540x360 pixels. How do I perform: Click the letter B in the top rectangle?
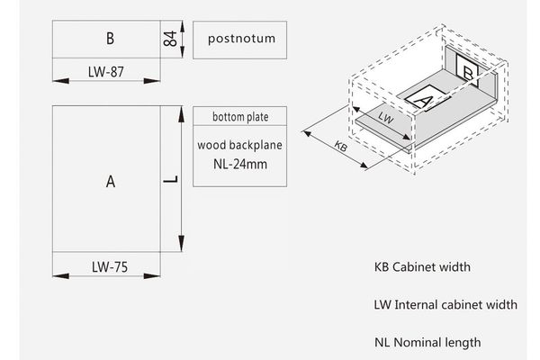point(110,38)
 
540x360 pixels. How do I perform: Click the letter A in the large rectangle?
point(111,181)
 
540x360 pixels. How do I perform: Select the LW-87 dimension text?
point(105,72)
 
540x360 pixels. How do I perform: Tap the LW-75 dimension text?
point(110,267)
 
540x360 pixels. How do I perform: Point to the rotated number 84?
point(170,39)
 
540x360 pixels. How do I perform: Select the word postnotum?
point(241,39)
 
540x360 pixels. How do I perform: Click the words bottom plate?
point(240,117)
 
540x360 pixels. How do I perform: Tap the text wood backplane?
point(239,145)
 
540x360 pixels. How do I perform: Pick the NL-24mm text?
point(240,164)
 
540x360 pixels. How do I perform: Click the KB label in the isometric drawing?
point(341,147)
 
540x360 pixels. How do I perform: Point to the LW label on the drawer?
point(386,118)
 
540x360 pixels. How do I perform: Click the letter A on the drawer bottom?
point(423,100)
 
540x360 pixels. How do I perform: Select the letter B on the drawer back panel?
point(468,73)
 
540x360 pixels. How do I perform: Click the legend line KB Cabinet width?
point(422,267)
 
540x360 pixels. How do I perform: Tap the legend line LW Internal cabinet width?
point(445,304)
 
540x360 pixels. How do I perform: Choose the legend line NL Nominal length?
point(427,342)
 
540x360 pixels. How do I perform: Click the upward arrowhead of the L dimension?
point(181,114)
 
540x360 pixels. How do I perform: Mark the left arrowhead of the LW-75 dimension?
point(60,276)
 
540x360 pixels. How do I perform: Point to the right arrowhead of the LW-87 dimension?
point(152,81)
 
